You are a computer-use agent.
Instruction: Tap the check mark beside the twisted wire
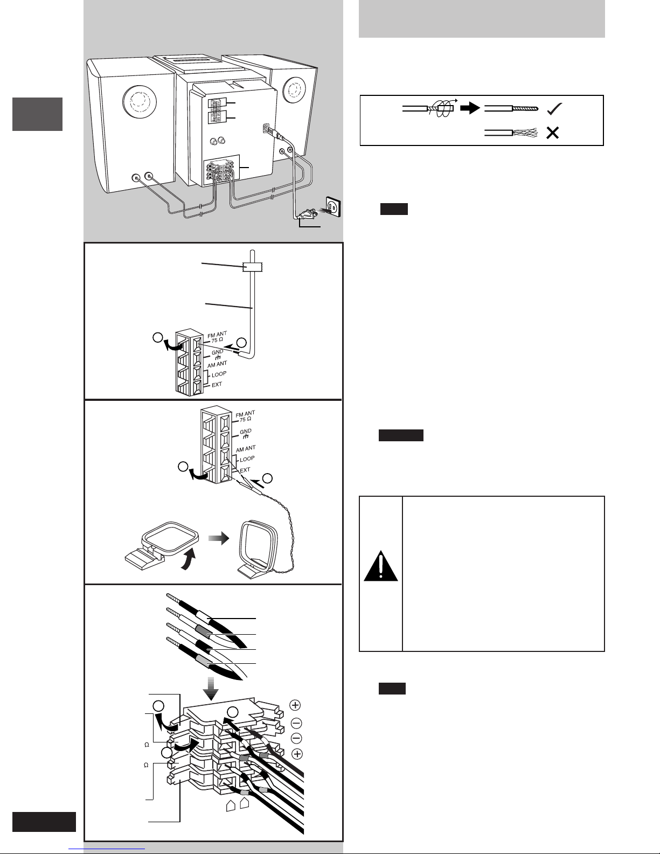pos(554,108)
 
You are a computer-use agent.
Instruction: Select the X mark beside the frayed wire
pos(552,133)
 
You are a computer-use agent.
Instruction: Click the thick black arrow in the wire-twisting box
pos(470,108)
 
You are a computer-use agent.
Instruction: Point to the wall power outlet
pos(332,206)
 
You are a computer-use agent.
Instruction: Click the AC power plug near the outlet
pos(307,214)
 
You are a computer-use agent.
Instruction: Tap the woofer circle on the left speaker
pos(140,101)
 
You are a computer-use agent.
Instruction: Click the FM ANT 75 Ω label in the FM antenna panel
pos(217,337)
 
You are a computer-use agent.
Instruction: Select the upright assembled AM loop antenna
pos(258,550)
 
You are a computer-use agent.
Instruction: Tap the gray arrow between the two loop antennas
pos(219,538)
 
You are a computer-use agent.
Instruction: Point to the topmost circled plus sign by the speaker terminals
pos(295,705)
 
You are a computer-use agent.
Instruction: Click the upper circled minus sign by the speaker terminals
pos(296,723)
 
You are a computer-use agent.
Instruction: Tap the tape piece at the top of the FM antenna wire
pos(253,267)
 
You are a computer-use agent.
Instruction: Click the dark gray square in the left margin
pos(37,114)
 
